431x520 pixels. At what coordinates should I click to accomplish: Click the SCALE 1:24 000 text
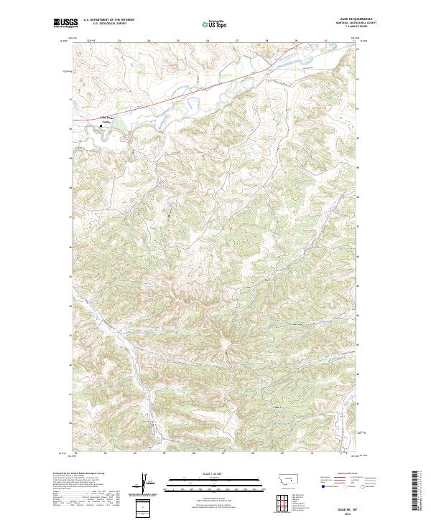(208, 474)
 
